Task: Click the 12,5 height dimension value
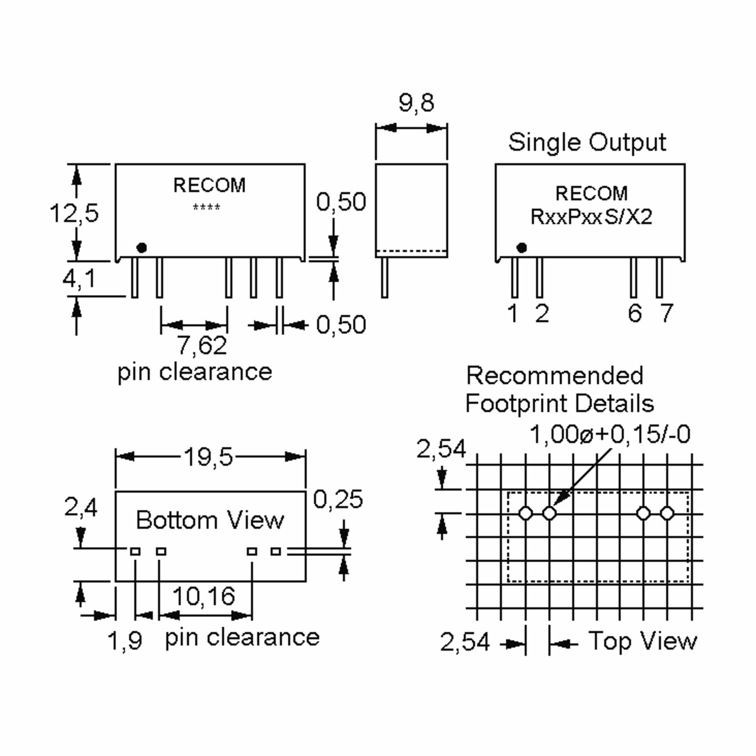tap(74, 214)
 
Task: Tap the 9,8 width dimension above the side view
tap(416, 103)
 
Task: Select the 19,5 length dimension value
tap(209, 457)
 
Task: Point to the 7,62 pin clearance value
tap(202, 345)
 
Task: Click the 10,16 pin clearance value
tap(204, 596)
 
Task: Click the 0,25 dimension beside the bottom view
tap(338, 499)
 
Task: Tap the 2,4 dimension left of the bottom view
tap(81, 507)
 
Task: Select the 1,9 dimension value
tap(125, 641)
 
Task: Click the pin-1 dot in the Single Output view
tap(522, 248)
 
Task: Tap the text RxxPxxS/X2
tap(591, 217)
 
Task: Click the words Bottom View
tap(210, 520)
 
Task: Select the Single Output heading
tap(587, 142)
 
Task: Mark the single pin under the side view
tap(385, 278)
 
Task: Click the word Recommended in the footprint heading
tap(554, 376)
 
